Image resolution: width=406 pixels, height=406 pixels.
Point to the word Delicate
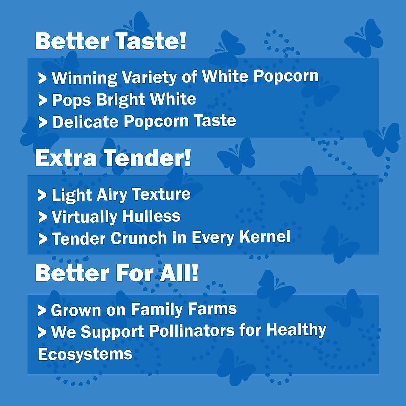pos(85,121)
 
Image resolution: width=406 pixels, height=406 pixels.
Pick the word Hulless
pos(152,216)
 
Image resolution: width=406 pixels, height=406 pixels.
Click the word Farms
pos(212,309)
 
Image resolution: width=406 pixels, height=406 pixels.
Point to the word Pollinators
pos(192,331)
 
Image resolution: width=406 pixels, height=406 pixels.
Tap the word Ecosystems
pos(85,354)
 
